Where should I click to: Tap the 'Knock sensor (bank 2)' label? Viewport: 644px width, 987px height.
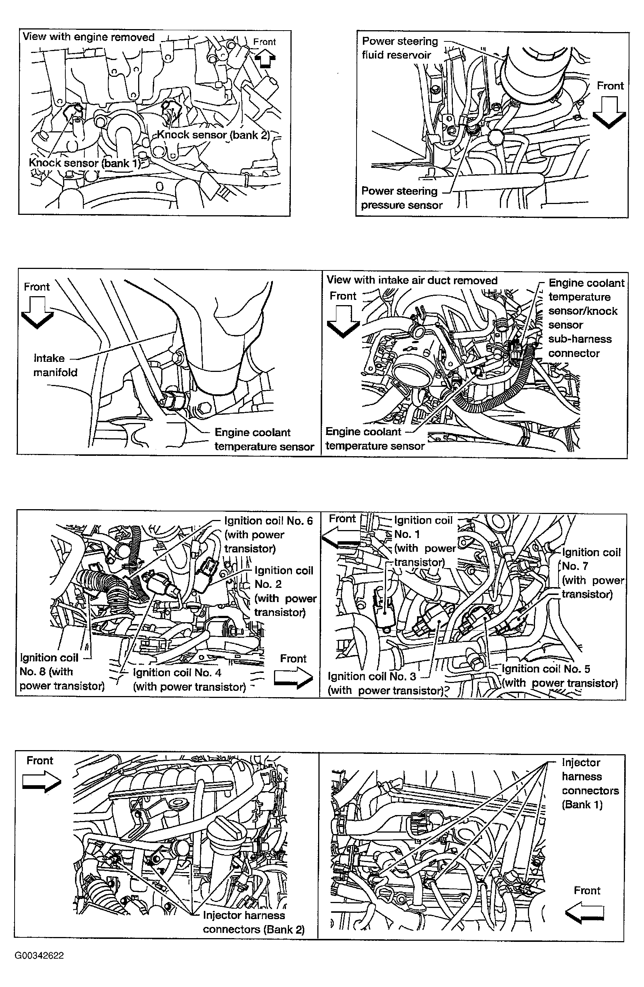point(214,135)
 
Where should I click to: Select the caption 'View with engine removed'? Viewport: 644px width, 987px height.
point(88,37)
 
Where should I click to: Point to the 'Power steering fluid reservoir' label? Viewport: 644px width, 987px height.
point(399,48)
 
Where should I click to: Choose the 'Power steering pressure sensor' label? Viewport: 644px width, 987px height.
point(401,198)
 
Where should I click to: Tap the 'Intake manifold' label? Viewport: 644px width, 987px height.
point(55,365)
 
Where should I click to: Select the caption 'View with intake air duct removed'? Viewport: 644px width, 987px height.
point(412,281)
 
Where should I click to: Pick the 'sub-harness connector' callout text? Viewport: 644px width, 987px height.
point(580,346)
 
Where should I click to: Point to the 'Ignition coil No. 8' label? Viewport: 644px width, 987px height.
point(61,671)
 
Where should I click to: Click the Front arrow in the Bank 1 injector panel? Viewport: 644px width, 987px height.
point(585,913)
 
